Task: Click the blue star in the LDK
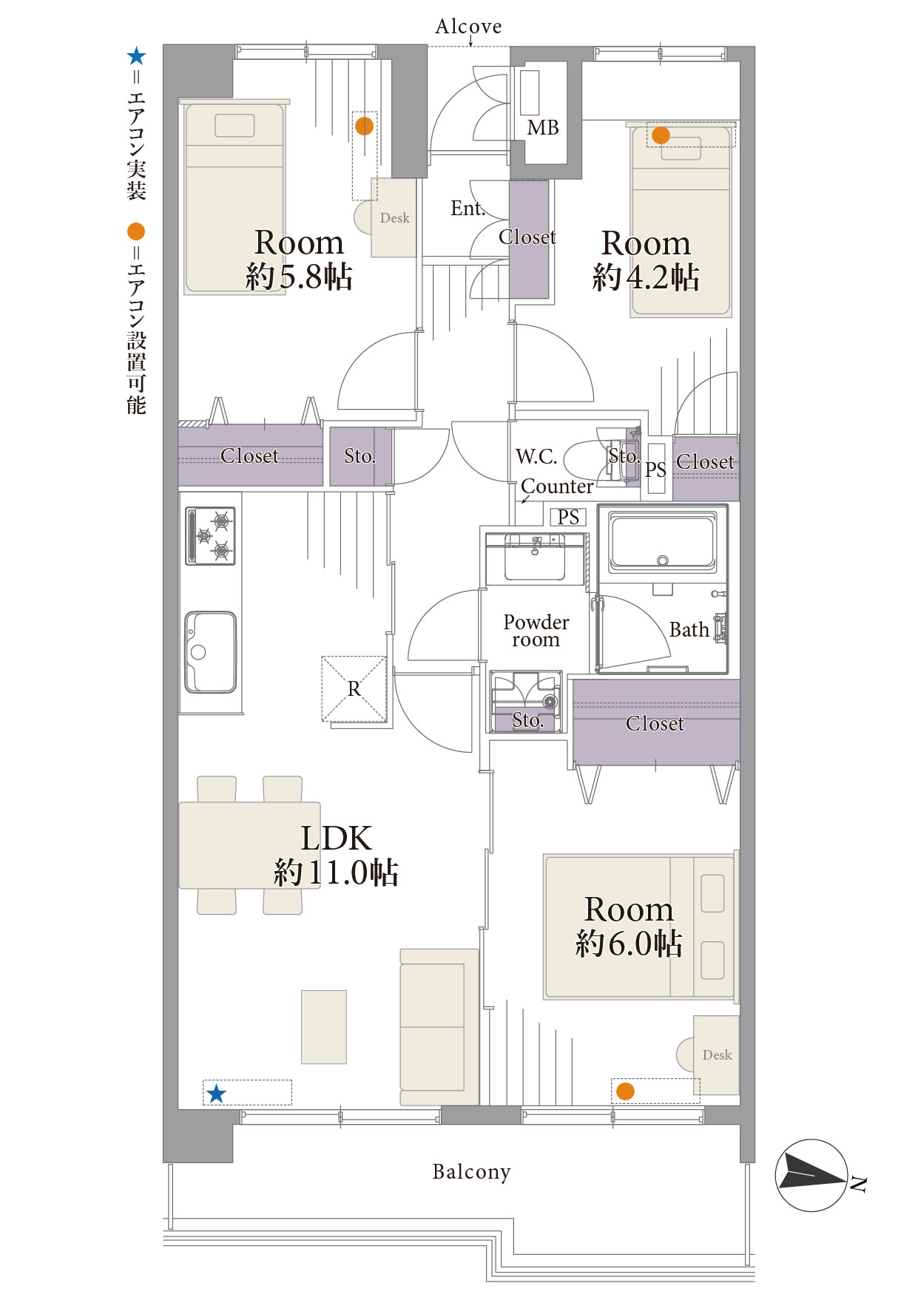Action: [216, 1094]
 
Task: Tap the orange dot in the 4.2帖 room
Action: [661, 135]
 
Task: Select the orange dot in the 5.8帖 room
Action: [364, 126]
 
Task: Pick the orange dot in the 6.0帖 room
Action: [625, 1091]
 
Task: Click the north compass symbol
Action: [811, 1175]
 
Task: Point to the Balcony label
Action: [471, 1172]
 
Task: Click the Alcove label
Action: [468, 27]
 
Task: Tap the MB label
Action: [543, 128]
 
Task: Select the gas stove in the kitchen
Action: [210, 536]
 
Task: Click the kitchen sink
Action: [211, 651]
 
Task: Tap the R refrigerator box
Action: [354, 689]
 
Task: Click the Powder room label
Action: [536, 631]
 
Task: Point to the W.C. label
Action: [536, 456]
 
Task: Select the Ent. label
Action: [468, 209]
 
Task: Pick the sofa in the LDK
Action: [439, 1027]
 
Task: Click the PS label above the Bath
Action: [568, 517]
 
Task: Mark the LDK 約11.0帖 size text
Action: [337, 873]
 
